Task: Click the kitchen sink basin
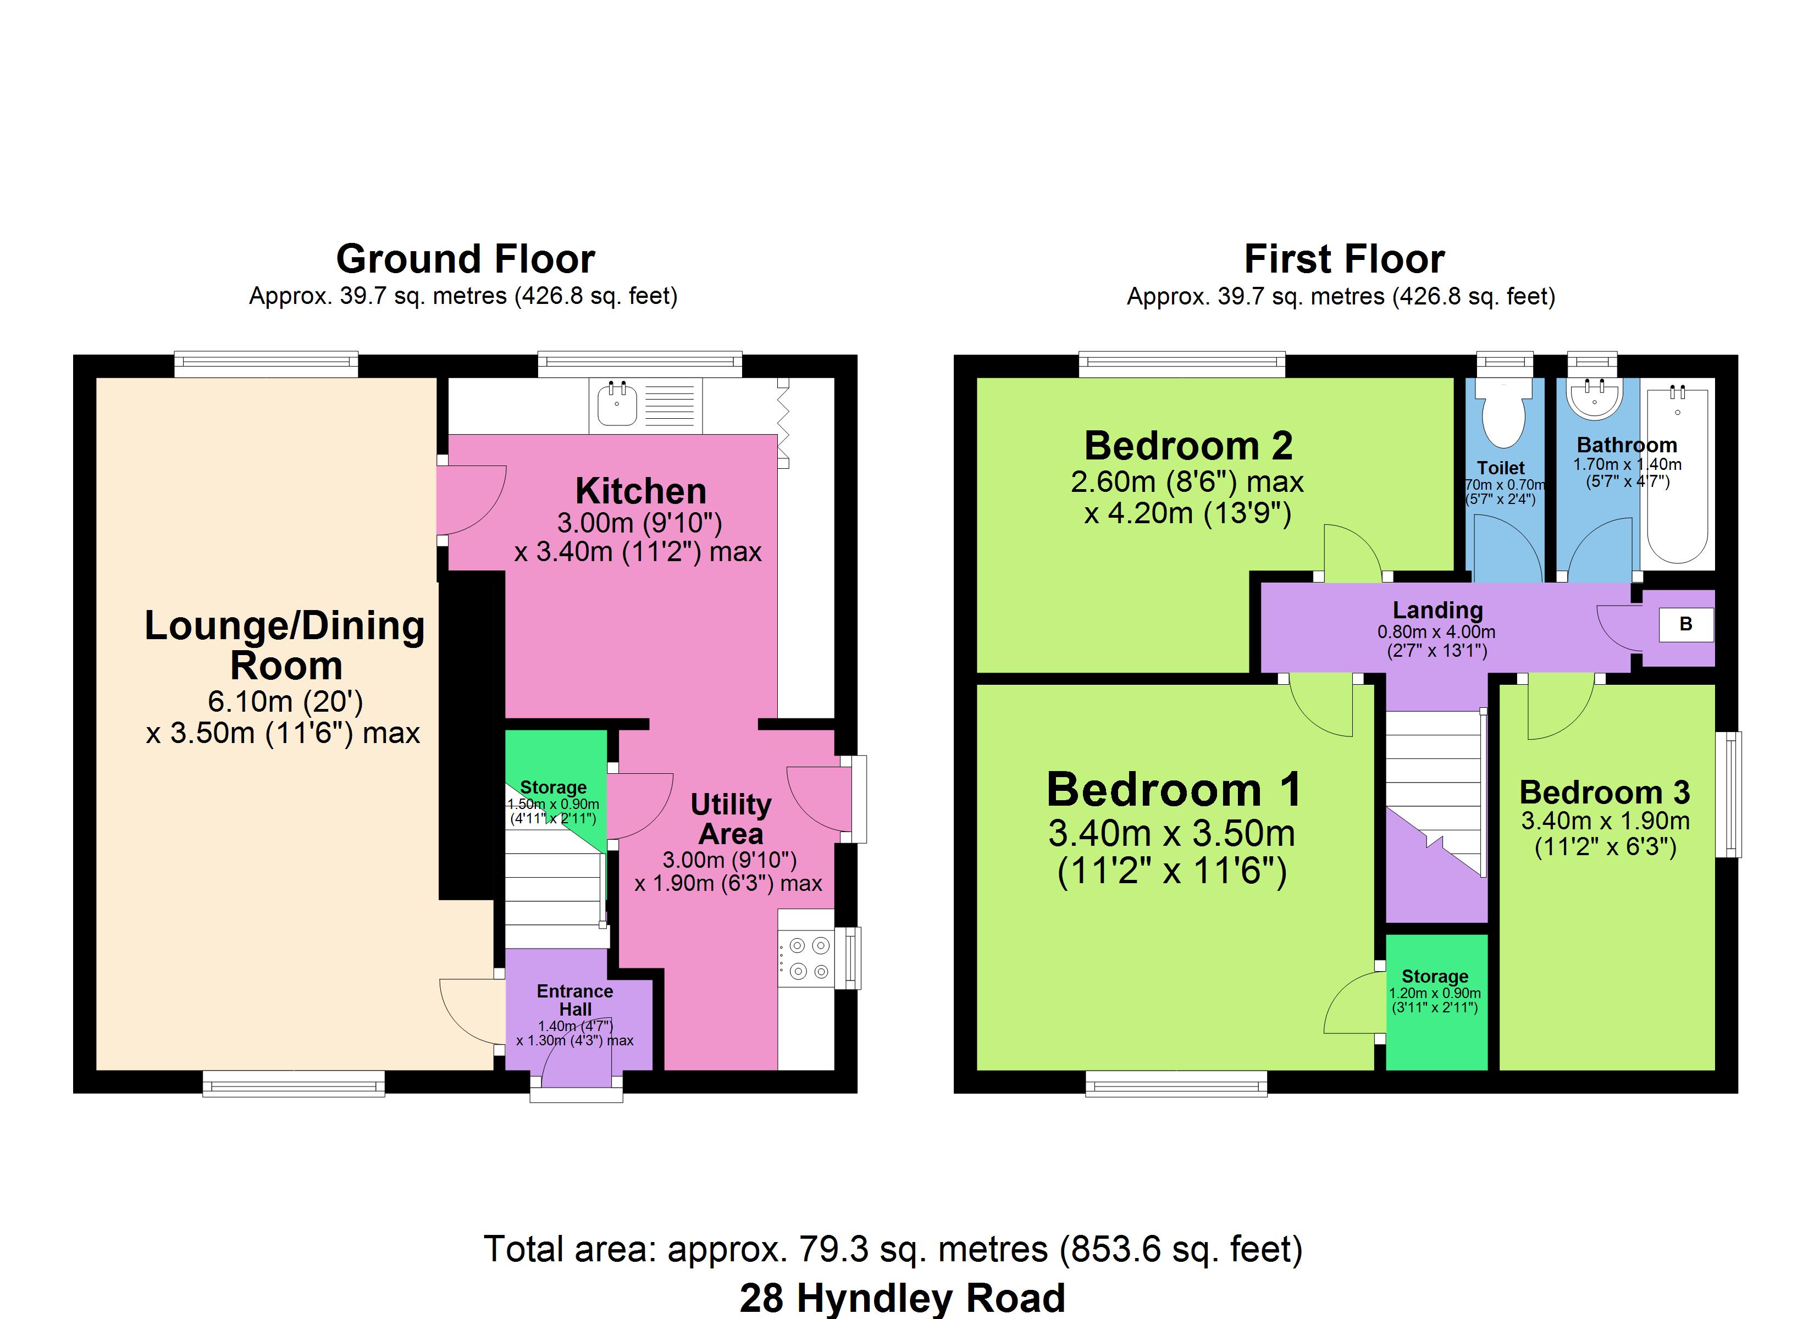pos(617,404)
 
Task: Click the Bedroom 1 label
pos(1174,790)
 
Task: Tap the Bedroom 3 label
pos(1605,792)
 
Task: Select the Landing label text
pos(1437,609)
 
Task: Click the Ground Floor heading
pos(466,259)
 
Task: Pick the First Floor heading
pos(1345,259)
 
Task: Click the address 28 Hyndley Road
pos(902,1298)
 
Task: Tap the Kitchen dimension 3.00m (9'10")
pos(640,523)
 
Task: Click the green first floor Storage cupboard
pos(1436,1002)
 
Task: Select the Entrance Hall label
pos(575,1000)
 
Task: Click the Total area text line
pos(893,1249)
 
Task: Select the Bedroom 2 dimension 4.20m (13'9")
pos(1188,513)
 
